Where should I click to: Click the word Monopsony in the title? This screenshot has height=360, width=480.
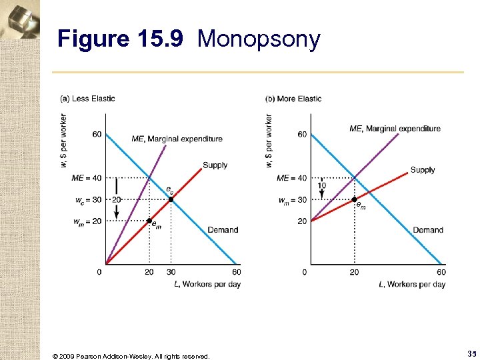click(x=259, y=39)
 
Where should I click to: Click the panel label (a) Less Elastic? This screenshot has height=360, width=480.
click(x=87, y=99)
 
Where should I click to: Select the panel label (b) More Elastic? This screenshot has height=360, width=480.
click(x=293, y=99)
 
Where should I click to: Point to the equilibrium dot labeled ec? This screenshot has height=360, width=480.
click(x=171, y=199)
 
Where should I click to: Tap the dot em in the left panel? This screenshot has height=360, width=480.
click(x=149, y=221)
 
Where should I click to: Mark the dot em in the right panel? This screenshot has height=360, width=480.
click(x=354, y=199)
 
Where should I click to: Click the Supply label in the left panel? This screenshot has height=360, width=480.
click(x=215, y=165)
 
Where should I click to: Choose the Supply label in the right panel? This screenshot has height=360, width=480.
click(x=423, y=170)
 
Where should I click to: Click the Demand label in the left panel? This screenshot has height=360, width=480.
click(x=223, y=230)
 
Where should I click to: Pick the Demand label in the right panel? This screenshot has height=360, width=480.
click(x=428, y=230)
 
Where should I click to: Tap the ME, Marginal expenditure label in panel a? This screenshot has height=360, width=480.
click(x=177, y=139)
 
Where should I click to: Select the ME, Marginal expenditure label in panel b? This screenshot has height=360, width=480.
click(x=395, y=129)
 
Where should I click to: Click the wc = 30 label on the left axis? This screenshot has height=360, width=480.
click(x=88, y=200)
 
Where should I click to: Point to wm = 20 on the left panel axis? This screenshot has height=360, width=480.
click(x=88, y=221)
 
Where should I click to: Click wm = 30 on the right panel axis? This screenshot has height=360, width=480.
click(x=293, y=200)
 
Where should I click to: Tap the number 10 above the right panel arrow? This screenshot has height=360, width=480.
click(x=321, y=185)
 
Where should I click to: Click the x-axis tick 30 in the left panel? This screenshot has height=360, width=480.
click(x=171, y=272)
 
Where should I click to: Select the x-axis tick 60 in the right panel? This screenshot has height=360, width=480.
click(x=441, y=272)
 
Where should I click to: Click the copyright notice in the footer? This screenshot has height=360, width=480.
click(x=130, y=356)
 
